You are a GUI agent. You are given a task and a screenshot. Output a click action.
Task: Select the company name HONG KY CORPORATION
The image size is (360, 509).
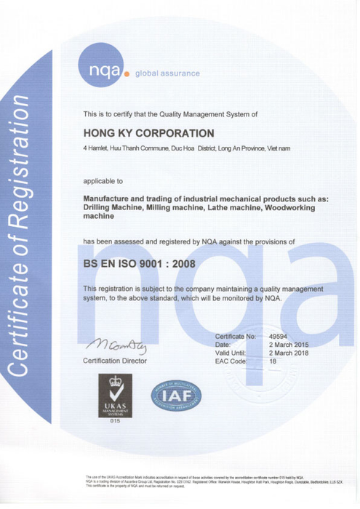149,133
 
